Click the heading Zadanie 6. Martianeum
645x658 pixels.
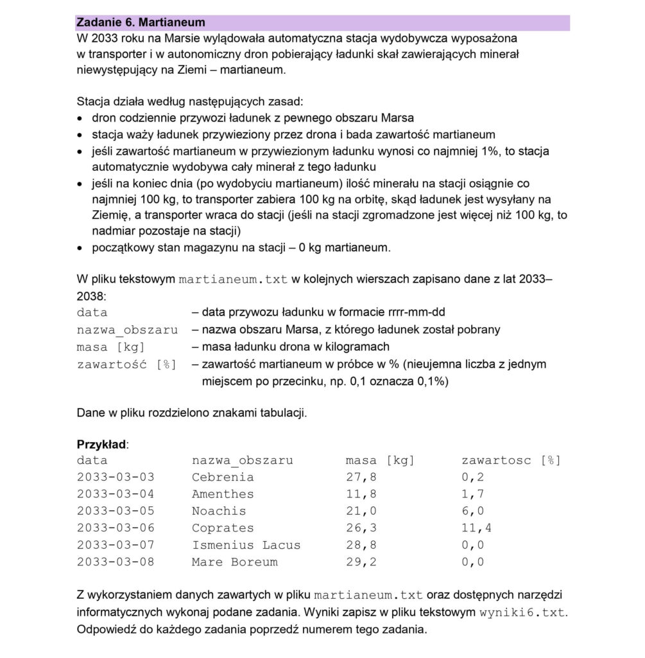coord(141,22)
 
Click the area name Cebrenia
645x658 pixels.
coord(223,477)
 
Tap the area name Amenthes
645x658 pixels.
coord(223,494)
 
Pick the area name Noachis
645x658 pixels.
coord(219,511)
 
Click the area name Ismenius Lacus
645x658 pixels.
coord(246,545)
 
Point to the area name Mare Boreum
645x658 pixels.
coord(234,562)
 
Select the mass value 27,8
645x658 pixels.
coord(361,477)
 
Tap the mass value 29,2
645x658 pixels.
coord(361,562)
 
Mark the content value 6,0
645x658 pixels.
coord(473,511)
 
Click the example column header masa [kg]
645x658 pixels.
coord(380,461)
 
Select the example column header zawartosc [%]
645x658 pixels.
coord(512,461)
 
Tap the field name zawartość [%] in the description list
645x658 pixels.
coord(126,364)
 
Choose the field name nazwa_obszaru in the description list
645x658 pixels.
coord(127,330)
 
